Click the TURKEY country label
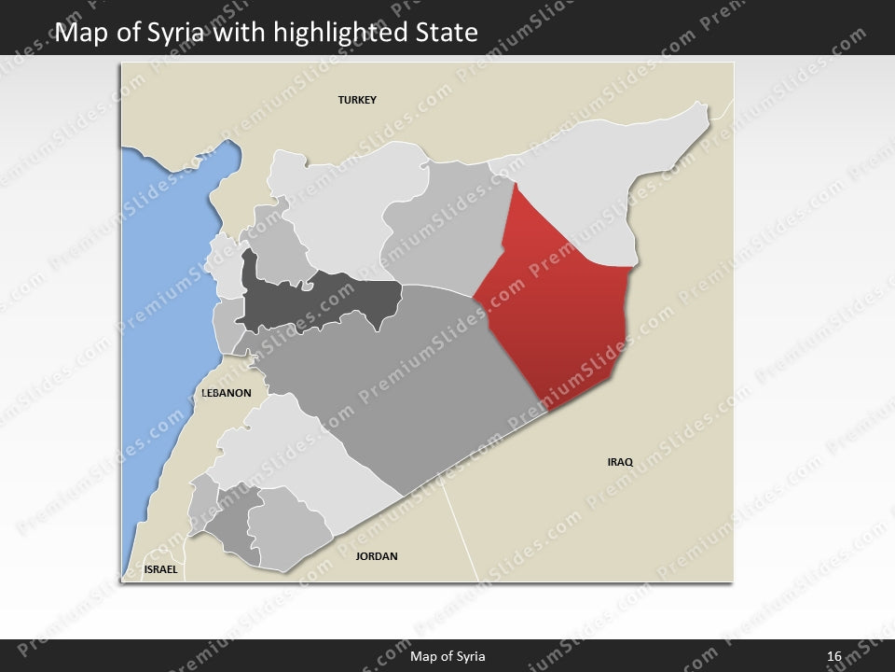(357, 100)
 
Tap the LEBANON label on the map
(227, 393)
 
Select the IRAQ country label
(620, 462)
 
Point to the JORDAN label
(377, 556)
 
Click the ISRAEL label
(160, 568)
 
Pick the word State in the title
(445, 34)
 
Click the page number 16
(833, 656)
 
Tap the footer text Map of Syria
(447, 656)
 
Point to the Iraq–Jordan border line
(461, 532)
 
